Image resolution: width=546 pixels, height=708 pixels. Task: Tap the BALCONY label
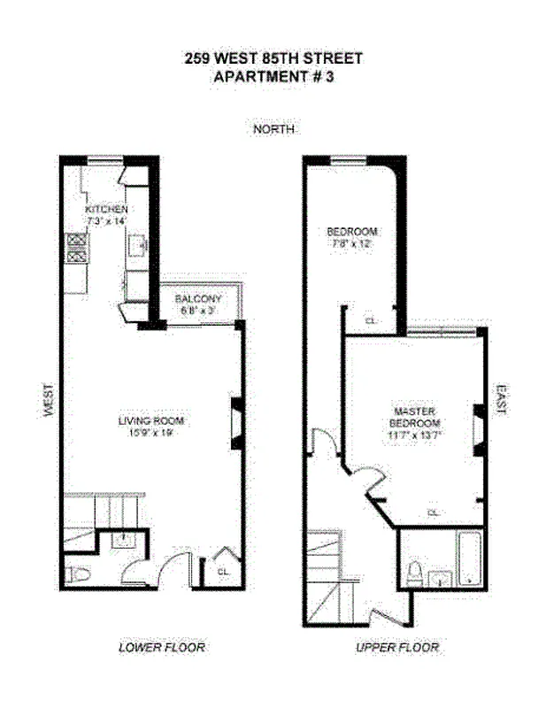[197, 299]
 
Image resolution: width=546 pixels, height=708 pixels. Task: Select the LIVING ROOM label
[152, 421]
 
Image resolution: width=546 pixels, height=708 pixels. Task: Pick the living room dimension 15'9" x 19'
[152, 434]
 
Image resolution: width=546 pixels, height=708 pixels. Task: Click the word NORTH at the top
[273, 129]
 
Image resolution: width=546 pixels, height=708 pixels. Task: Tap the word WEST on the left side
[49, 403]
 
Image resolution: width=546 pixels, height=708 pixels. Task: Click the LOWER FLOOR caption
[162, 648]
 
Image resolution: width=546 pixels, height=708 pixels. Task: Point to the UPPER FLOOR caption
[397, 648]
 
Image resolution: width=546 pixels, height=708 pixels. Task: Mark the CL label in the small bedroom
[371, 320]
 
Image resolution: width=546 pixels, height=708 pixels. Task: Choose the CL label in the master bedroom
[433, 512]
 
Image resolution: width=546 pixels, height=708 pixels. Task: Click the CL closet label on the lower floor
[222, 572]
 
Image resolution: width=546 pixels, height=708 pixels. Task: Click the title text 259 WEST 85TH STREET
[273, 58]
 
